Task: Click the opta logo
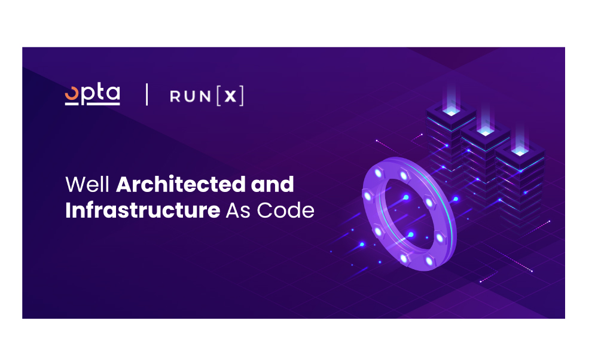coord(92,94)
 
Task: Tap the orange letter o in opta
coord(72,94)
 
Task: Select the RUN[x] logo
coord(207,96)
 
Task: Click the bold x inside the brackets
coord(230,96)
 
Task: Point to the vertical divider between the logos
coord(147,94)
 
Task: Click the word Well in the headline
coord(88,184)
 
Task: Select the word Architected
coord(181,184)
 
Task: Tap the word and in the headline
coord(272,184)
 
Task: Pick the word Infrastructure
coord(143,210)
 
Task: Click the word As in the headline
coord(238,210)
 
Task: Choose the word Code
coord(286,210)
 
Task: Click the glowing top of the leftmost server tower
coord(451,111)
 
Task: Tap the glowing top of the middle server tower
coord(486,132)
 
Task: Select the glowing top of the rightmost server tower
coord(520,151)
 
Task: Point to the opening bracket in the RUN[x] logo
coord(218,96)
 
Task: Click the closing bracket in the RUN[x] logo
coord(242,96)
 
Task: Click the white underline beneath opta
coord(92,103)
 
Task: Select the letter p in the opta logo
coord(87,96)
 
